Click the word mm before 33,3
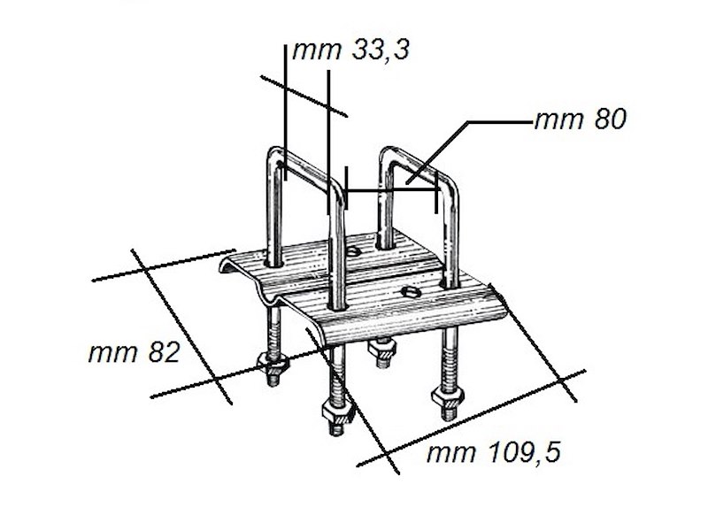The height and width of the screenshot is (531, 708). click(x=314, y=51)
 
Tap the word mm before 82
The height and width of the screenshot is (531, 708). click(x=110, y=352)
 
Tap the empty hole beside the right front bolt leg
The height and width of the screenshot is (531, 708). click(x=409, y=291)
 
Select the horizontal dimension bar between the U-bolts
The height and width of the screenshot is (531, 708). click(x=390, y=189)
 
